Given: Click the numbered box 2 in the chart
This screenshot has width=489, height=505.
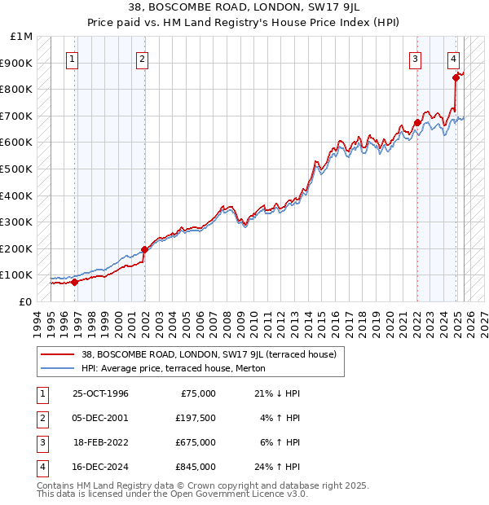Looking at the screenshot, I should (142, 59).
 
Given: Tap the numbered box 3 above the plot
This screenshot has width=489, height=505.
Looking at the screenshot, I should (416, 59).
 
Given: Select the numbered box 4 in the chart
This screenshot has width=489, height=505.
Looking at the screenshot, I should (453, 59).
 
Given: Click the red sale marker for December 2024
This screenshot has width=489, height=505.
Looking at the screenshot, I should (456, 78).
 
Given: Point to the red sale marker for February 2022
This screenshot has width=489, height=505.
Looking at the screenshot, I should (417, 123).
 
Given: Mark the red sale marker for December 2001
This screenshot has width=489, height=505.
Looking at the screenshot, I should (144, 249).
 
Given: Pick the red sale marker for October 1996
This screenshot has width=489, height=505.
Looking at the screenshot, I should (74, 282).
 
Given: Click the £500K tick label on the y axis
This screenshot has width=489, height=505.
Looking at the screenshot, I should (17, 169).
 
